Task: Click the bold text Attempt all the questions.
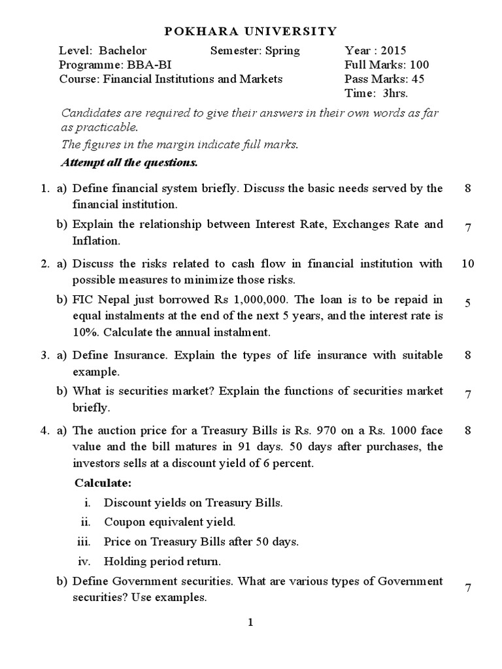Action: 129,161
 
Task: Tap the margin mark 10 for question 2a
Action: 467,264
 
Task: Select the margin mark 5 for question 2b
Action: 467,303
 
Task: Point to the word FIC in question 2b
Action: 82,300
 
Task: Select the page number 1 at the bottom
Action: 250,623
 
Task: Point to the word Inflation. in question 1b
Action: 96,241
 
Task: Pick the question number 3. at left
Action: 44,355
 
